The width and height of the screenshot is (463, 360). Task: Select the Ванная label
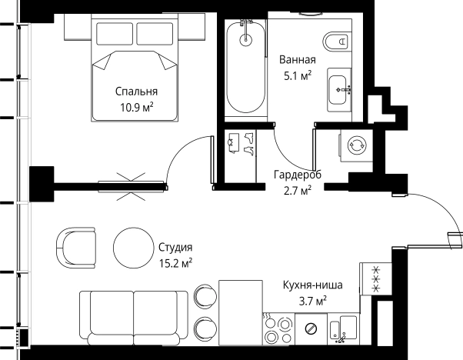point(297,59)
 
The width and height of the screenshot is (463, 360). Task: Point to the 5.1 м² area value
point(297,75)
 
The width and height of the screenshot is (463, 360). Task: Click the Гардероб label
point(297,175)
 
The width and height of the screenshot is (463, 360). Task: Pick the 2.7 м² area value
point(297,190)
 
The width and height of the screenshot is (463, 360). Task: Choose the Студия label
point(175,248)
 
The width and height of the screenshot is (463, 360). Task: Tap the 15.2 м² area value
point(175,263)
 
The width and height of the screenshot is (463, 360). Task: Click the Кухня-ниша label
point(311,285)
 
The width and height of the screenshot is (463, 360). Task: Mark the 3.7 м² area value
point(311,301)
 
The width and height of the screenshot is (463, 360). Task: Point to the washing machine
point(357,145)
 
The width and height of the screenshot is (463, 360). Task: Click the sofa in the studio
point(135,315)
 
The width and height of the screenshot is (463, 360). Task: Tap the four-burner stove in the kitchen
point(278,329)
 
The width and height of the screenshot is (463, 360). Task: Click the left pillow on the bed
point(114,32)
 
